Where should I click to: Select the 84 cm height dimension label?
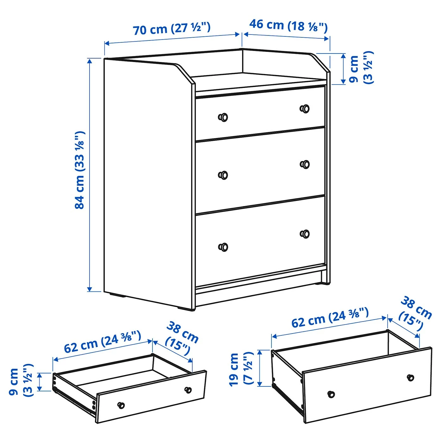pyautogui.click(x=80, y=170)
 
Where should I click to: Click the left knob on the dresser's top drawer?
pyautogui.click(x=223, y=117)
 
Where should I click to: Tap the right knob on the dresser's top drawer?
pyautogui.click(x=305, y=109)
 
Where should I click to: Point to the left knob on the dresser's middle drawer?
pyautogui.click(x=223, y=175)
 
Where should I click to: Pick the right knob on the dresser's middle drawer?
pyautogui.click(x=305, y=164)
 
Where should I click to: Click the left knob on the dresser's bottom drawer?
pyautogui.click(x=223, y=247)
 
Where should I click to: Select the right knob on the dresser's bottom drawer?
pyautogui.click(x=305, y=234)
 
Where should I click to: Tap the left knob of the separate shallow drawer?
pyautogui.click(x=121, y=405)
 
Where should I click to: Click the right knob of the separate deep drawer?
pyautogui.click(x=410, y=378)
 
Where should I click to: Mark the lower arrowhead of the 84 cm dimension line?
pyautogui.click(x=90, y=289)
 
